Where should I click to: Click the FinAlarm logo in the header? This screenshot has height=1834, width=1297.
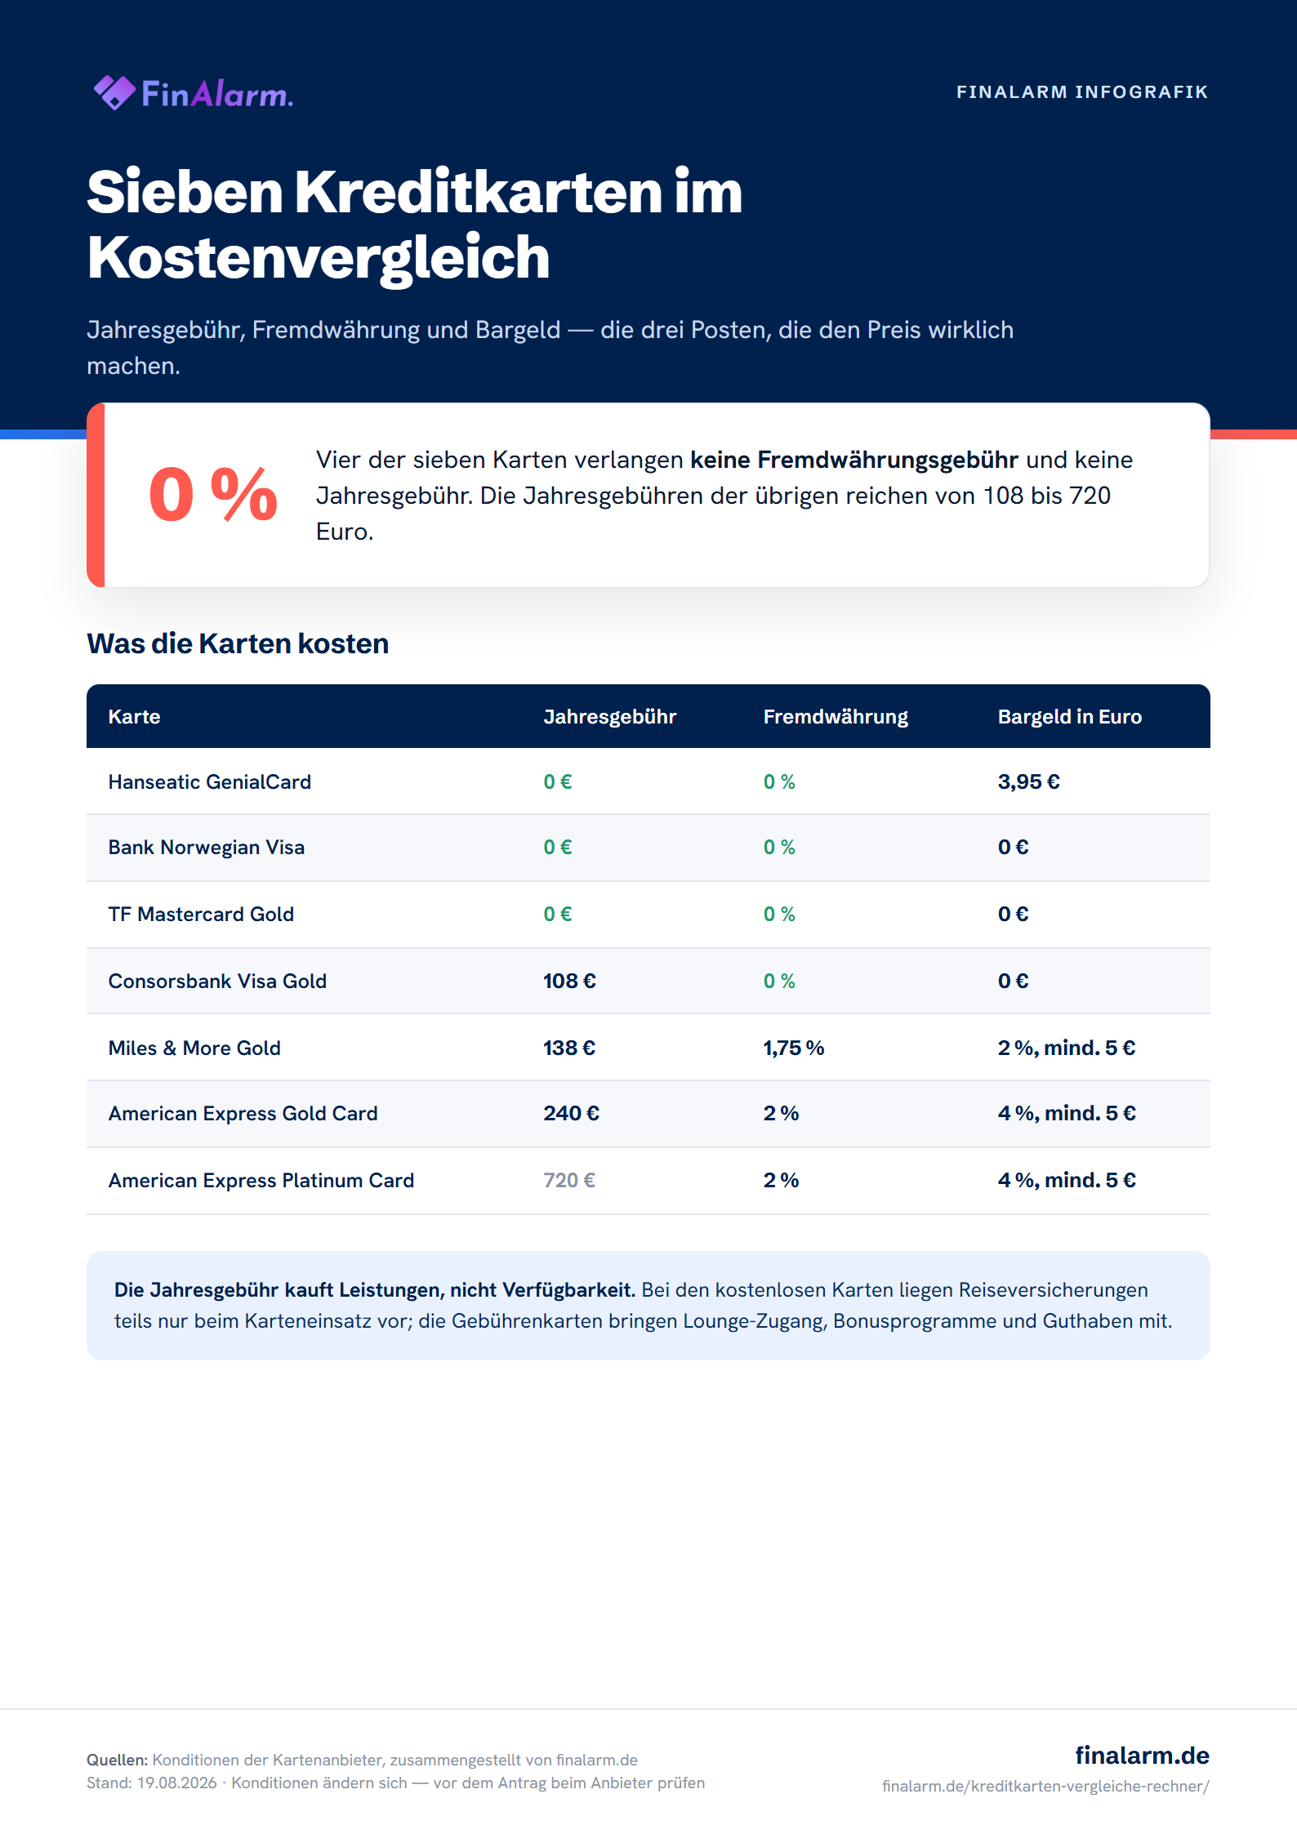pyautogui.click(x=194, y=93)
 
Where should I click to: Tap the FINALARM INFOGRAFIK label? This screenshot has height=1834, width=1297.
pyautogui.click(x=1082, y=92)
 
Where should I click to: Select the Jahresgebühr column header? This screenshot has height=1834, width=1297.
pyautogui.click(x=610, y=716)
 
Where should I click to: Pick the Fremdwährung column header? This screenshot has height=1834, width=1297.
pyautogui.click(x=836, y=716)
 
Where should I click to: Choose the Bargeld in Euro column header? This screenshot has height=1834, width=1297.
pyautogui.click(x=1070, y=716)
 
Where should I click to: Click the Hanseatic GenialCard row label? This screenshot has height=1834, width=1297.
pyautogui.click(x=210, y=781)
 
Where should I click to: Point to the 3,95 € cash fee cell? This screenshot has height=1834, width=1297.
pyautogui.click(x=1029, y=781)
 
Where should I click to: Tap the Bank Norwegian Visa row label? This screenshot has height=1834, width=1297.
pyautogui.click(x=207, y=848)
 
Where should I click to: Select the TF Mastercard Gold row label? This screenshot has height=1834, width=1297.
pyautogui.click(x=201, y=914)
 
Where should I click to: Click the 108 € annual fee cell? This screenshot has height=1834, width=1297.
pyautogui.click(x=570, y=981)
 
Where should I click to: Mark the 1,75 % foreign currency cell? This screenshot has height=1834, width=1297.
pyautogui.click(x=794, y=1048)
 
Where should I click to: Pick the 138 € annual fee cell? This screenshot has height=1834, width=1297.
pyautogui.click(x=570, y=1048)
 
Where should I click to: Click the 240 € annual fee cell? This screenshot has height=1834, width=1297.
pyautogui.click(x=572, y=1113)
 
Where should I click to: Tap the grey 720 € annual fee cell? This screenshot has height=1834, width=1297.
pyautogui.click(x=570, y=1180)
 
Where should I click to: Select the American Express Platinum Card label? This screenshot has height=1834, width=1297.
pyautogui.click(x=261, y=1180)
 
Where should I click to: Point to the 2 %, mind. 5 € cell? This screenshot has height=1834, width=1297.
pyautogui.click(x=1067, y=1048)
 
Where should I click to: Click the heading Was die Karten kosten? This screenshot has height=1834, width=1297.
pyautogui.click(x=238, y=643)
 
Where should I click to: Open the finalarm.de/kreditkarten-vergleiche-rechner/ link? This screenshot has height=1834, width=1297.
pyautogui.click(x=1045, y=1786)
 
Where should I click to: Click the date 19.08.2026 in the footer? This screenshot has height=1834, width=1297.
pyautogui.click(x=176, y=1783)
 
